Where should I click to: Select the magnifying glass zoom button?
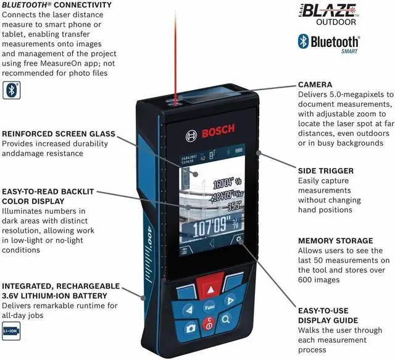[x=227, y=319]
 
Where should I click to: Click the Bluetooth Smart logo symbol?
[x=303, y=41]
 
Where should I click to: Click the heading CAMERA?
[x=315, y=84]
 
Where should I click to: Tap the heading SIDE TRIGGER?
[x=326, y=170]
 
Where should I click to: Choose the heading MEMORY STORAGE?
[x=335, y=240]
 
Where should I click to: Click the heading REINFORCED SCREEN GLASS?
[x=59, y=133]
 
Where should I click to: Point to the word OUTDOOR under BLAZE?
[x=336, y=22]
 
